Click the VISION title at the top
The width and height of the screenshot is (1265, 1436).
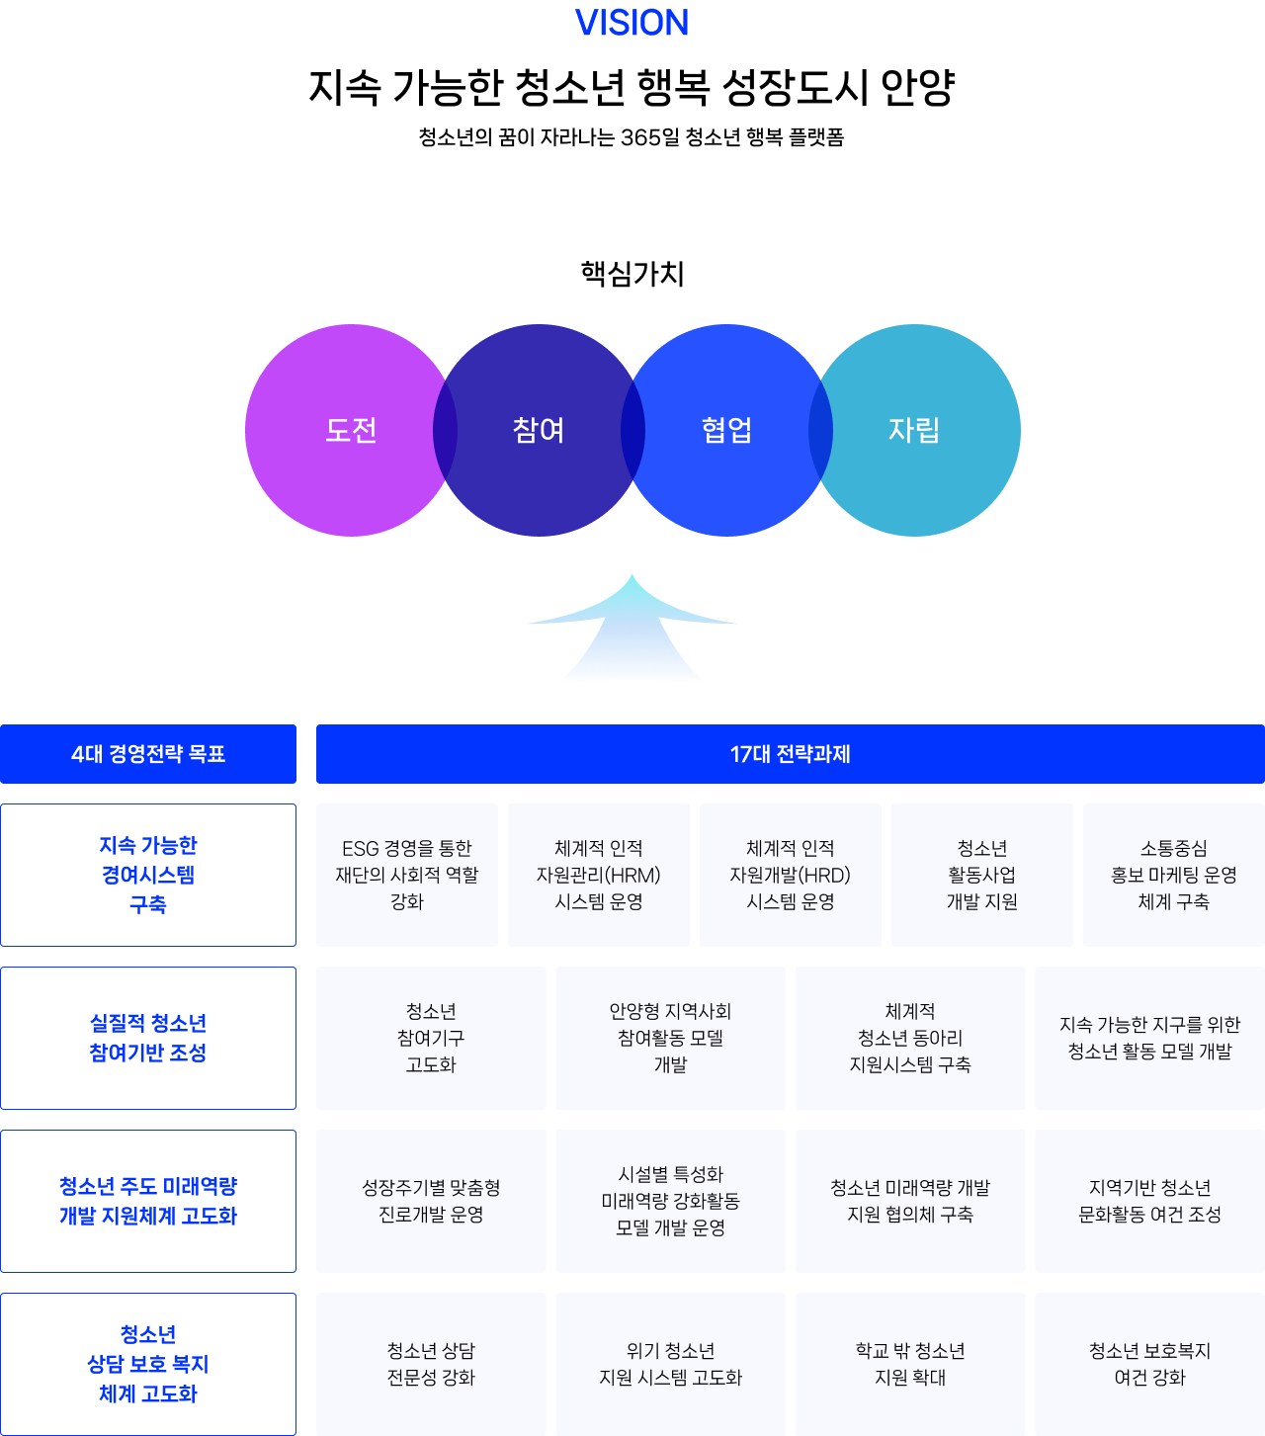632,23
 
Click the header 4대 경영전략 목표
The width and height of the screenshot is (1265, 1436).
148,754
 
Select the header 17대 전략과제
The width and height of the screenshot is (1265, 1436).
790,754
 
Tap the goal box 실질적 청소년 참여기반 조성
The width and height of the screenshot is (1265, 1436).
148,1038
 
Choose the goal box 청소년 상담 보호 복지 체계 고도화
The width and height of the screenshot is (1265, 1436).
148,1364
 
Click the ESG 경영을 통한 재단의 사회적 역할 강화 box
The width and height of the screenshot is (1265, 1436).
407,875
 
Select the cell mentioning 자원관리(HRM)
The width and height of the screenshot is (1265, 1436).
599,875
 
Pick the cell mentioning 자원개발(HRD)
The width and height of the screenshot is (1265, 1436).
791,875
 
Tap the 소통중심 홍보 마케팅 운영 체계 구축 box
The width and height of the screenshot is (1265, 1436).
1174,875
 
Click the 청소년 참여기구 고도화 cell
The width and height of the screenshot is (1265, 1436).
431,1038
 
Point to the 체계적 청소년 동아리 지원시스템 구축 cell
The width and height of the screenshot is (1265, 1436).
910,1038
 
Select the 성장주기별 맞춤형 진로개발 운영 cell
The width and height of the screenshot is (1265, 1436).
431,1201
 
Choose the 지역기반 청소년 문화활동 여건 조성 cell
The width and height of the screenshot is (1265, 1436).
1149,1201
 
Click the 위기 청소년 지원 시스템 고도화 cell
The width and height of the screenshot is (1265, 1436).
670,1364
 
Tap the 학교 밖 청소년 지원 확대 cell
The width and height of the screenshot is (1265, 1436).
910,1364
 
